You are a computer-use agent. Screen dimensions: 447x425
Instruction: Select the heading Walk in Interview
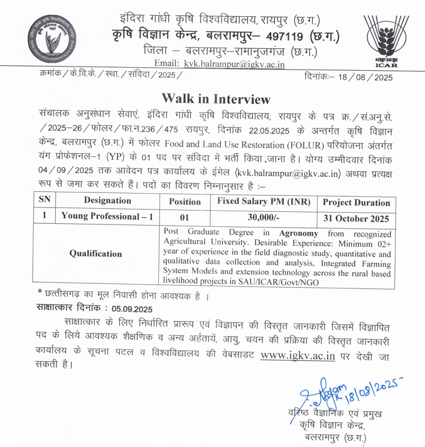pos(215,99)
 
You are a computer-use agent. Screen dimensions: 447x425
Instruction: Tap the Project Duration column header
pos(357,202)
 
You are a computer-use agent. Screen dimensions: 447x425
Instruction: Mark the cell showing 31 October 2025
pos(357,219)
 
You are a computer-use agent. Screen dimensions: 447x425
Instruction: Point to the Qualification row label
pos(95,254)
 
